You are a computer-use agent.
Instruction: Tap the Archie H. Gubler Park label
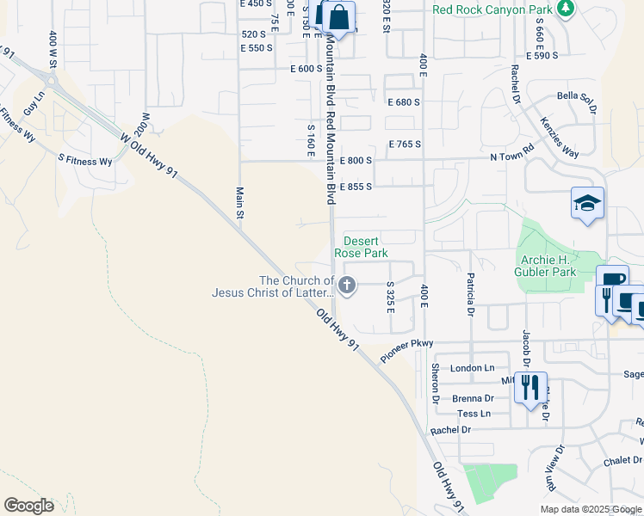click(x=557, y=266)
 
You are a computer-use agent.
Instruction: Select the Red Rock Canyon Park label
click(x=492, y=10)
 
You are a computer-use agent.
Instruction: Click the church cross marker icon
click(x=347, y=286)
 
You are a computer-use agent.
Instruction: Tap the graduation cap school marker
click(x=587, y=204)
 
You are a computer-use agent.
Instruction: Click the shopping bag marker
click(x=339, y=16)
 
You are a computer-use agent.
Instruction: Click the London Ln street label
click(x=472, y=368)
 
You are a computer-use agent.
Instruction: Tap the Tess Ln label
click(x=474, y=414)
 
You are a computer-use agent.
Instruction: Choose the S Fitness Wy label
click(x=85, y=161)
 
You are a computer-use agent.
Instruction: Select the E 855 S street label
click(x=356, y=187)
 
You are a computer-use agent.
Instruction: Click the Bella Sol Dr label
click(x=577, y=100)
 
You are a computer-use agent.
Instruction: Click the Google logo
click(x=28, y=506)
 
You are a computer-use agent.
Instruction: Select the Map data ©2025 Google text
click(x=591, y=509)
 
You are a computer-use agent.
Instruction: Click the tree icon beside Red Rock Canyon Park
click(x=566, y=9)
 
